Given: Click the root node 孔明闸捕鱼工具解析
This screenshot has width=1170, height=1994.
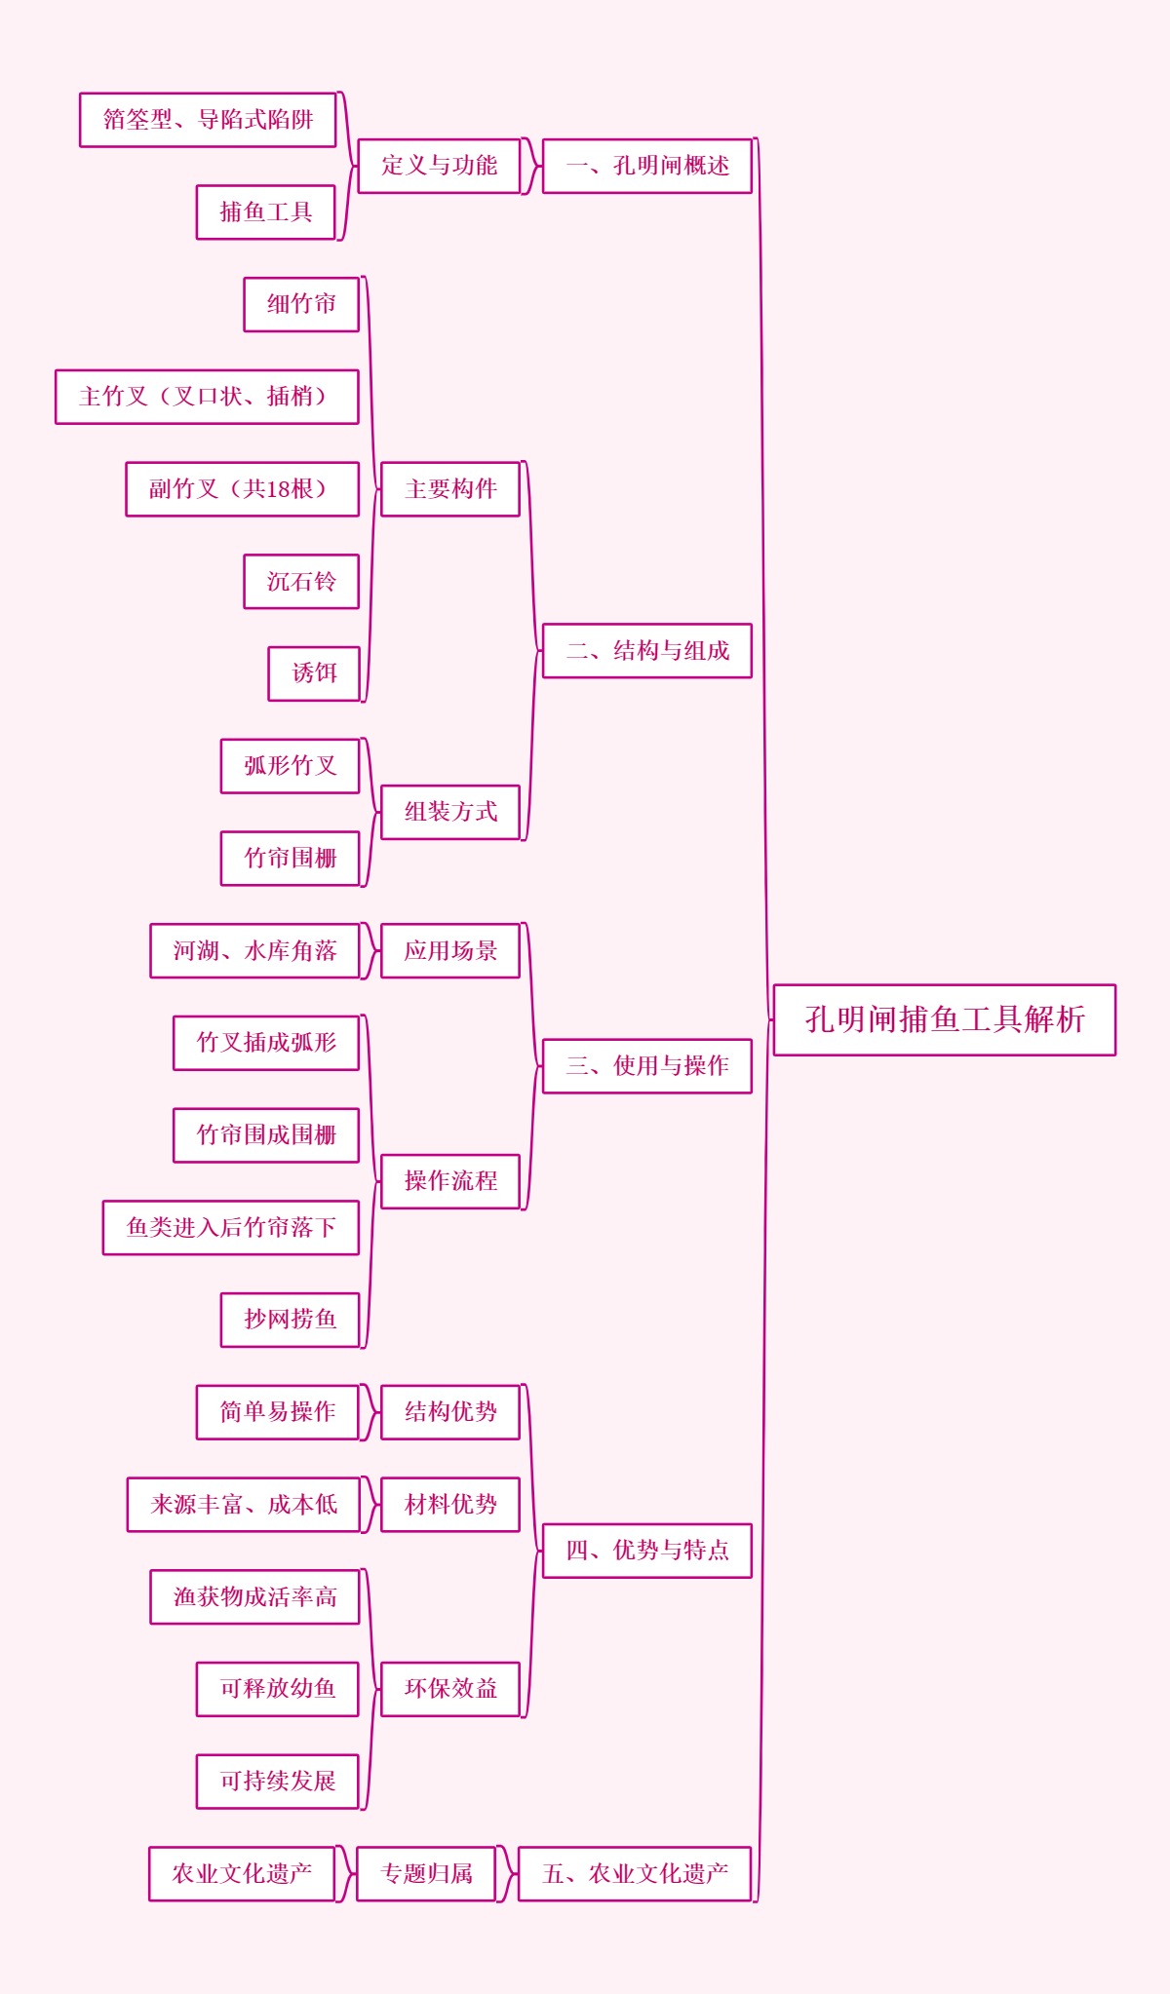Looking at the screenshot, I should coord(944,1019).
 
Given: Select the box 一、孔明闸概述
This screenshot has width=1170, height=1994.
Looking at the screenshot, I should coord(646,166).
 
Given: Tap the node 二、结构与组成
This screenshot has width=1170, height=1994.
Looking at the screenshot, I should coord(646,650).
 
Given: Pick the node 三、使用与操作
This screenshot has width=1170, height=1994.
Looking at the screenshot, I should coord(646,1065).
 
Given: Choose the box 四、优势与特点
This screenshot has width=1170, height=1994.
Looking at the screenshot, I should coord(646,1550).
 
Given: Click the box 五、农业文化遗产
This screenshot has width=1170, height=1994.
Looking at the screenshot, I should coord(634,1873).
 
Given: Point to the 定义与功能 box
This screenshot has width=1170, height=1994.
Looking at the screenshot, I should coord(439,166).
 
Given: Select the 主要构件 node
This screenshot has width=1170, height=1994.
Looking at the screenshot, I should coord(449,488).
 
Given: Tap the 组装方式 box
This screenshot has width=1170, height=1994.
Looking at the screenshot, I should coord(449,812).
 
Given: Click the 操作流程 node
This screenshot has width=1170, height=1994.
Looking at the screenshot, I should coord(449,1181).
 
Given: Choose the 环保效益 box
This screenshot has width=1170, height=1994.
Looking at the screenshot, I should coord(449,1689).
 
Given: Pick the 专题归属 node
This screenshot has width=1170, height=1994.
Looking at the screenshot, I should coord(426,1873).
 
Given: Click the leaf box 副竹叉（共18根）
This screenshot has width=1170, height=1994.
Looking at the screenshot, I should coord(242,488).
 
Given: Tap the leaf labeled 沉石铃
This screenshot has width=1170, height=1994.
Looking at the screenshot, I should coord(301,581).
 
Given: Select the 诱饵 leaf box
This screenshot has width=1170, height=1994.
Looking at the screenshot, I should coord(314,673).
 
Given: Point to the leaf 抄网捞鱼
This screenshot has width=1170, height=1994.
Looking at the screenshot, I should coord(290,1320).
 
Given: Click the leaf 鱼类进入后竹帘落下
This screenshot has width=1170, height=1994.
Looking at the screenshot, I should coord(230,1227).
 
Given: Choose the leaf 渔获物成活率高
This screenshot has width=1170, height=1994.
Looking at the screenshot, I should coord(254,1596).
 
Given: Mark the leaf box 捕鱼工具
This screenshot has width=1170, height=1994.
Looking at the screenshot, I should coord(265,211).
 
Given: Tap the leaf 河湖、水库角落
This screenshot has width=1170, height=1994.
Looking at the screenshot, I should coord(254,950).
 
